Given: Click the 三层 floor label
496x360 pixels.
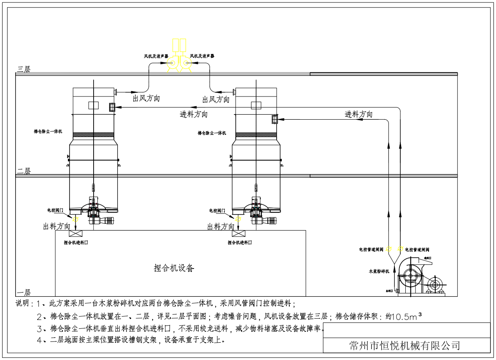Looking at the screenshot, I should tap(24, 70).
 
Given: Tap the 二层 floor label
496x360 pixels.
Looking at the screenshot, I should tap(24, 172).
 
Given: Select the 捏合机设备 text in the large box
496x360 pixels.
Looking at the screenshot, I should tap(174, 268).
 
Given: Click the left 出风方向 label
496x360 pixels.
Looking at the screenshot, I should tap(146, 99).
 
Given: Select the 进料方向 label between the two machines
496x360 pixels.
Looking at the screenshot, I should tap(194, 114).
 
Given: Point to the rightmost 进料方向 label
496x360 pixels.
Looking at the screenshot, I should tap(359, 114).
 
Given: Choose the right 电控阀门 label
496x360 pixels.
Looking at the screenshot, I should tap(217, 210).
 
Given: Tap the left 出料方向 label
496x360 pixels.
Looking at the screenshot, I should tap(57, 226).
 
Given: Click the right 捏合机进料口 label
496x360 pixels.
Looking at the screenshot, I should tap(240, 243).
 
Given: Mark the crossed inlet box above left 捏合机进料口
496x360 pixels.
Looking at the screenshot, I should tap(75, 234).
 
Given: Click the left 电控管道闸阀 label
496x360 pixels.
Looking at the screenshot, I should tap(371, 250).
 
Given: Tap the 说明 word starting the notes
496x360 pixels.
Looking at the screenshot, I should tap(23, 304).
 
